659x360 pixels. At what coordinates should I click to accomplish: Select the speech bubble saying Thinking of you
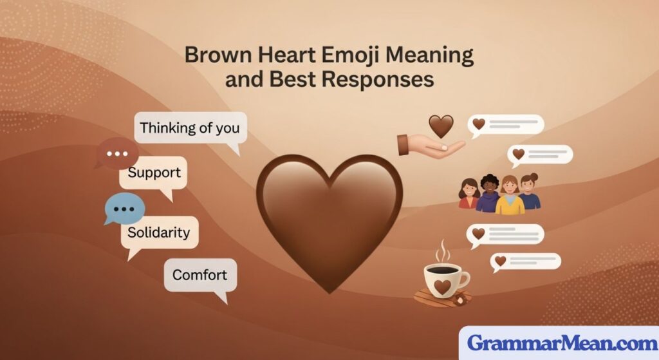click(x=190, y=128)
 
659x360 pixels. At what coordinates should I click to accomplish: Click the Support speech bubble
click(x=154, y=173)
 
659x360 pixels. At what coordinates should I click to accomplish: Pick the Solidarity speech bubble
click(x=159, y=232)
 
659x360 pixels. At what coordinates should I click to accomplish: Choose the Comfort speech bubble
click(x=200, y=275)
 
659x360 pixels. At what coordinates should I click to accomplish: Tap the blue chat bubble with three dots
click(x=124, y=209)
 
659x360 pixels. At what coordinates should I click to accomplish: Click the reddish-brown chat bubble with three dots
click(x=118, y=154)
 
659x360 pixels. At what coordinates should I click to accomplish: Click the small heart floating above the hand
click(x=441, y=126)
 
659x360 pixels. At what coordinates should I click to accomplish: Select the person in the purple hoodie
click(x=488, y=195)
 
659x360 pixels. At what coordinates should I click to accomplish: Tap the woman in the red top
click(x=469, y=195)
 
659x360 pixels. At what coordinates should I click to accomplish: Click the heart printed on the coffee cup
click(x=442, y=285)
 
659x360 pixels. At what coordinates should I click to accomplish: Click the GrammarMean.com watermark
click(x=559, y=343)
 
